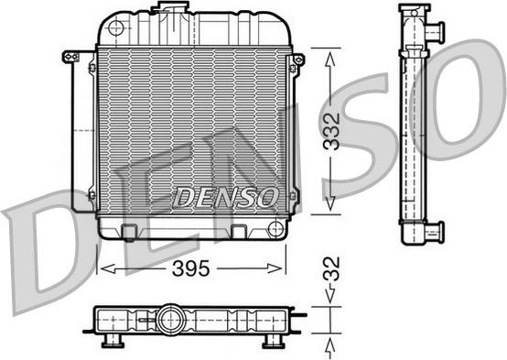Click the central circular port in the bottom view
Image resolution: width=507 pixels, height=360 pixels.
(x=168, y=319)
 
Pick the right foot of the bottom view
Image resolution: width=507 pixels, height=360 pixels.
(x=273, y=342)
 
